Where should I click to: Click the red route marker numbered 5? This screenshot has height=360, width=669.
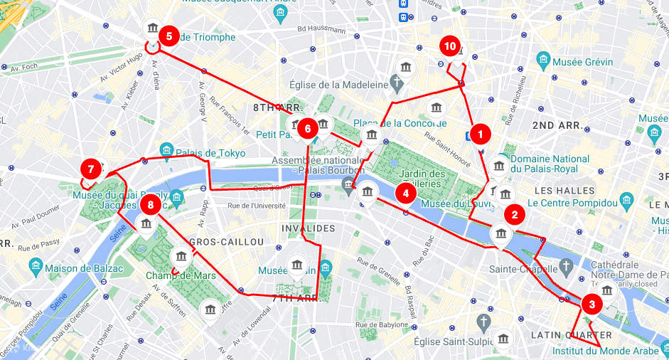click(x=168, y=35)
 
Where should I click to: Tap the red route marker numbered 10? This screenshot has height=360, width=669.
click(x=449, y=46)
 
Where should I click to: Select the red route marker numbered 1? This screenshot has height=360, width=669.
click(x=481, y=133)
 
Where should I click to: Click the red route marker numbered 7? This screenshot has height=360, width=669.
click(x=90, y=169)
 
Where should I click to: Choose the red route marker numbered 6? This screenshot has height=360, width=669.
click(x=307, y=129)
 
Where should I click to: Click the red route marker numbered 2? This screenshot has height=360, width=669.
click(x=515, y=214)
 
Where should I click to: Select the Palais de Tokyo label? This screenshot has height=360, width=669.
click(x=211, y=153)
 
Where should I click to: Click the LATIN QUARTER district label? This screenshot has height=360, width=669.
click(x=571, y=335)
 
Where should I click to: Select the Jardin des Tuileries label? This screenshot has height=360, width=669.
click(x=422, y=179)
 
